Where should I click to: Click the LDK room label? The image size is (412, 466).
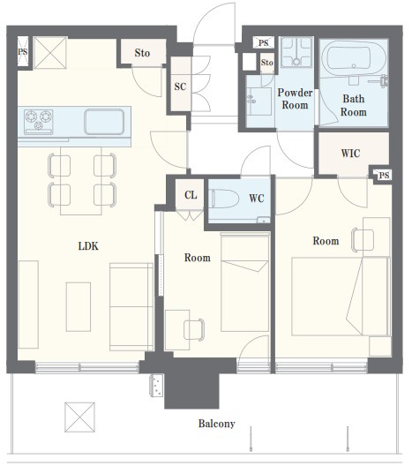tap(88, 246)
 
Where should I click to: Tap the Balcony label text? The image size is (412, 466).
tap(216, 424)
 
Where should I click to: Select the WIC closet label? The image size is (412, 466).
tap(350, 154)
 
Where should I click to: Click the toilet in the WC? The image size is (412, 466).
tap(225, 199)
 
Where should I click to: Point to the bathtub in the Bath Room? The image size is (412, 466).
tap(354, 58)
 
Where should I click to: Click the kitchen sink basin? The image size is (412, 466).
tap(104, 122)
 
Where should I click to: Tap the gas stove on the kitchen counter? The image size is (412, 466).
tap(38, 122)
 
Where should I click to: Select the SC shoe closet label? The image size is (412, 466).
tap(180, 86)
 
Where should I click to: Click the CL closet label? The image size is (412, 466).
tap(191, 195)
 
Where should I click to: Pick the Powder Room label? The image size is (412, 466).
tap(295, 99)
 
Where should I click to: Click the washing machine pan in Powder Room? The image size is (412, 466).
tap(296, 52)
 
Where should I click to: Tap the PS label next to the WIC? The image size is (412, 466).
tap(384, 176)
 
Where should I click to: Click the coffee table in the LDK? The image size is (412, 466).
tap(79, 307)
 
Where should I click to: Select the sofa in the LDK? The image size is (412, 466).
tap(131, 307)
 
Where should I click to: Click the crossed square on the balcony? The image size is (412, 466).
tap(80, 417)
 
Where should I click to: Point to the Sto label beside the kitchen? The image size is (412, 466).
tap(142, 53)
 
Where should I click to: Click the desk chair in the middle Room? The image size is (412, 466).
tap(194, 329)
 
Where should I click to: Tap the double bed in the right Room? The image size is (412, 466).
tap(341, 297)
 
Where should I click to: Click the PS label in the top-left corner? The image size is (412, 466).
tap(23, 52)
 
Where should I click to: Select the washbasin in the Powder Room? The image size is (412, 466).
tap(259, 101)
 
